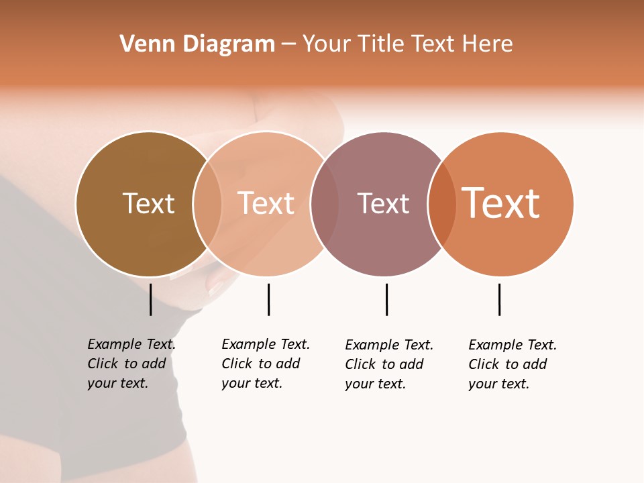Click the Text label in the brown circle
148,203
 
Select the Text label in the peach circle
266,203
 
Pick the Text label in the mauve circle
383,203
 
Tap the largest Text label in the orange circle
501,203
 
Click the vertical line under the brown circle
150,299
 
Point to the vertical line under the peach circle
268,299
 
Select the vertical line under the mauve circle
386,299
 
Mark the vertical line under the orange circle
499,299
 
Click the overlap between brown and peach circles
207,204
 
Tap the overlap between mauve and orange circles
442,204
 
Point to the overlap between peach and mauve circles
325,204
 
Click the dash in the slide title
288,44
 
